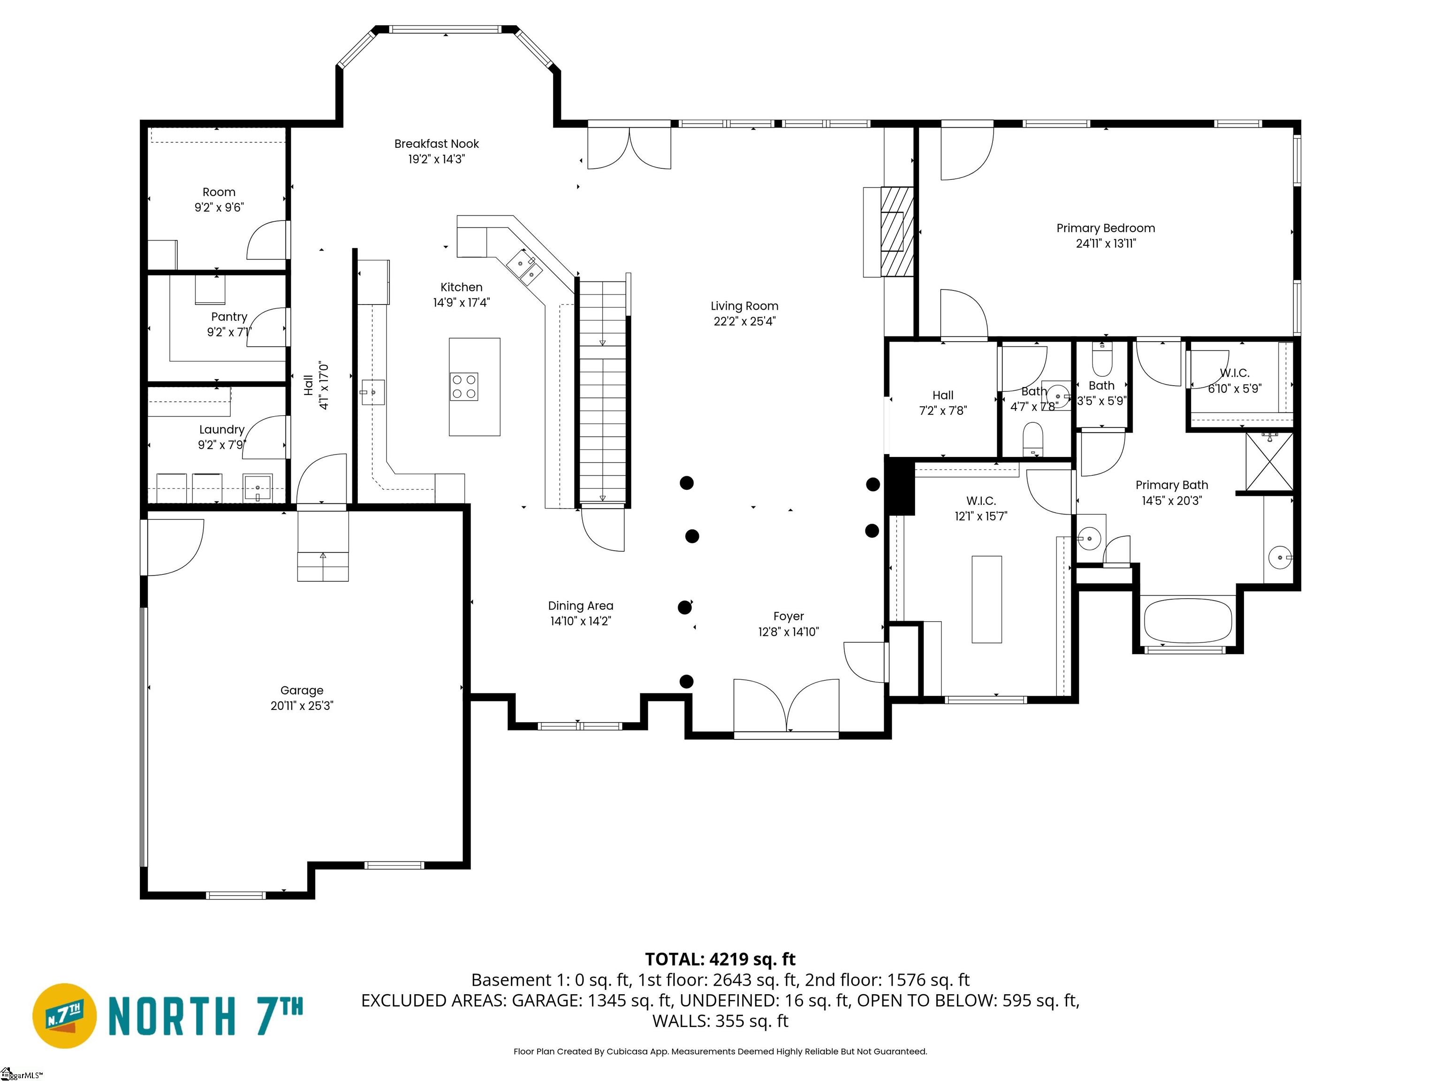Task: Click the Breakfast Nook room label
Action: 436,144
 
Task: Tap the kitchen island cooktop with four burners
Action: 464,387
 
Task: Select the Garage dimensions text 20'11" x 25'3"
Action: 302,706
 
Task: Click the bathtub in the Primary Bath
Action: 1188,621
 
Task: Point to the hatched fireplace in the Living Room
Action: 896,231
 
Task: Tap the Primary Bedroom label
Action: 1106,228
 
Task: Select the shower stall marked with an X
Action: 1269,461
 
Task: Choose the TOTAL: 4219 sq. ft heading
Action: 720,959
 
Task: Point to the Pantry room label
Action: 228,317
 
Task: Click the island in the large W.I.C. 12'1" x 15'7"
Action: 986,600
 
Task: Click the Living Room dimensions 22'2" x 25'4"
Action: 744,321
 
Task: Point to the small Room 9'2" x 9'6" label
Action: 219,192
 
